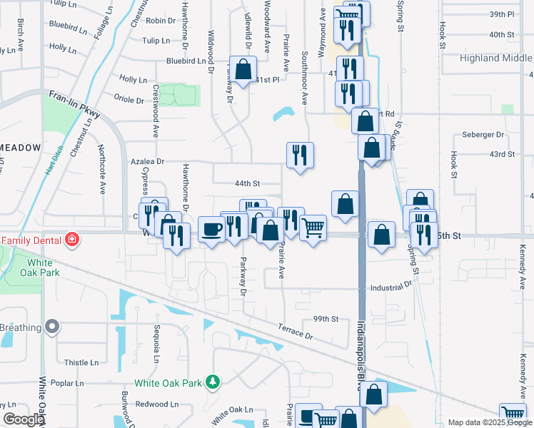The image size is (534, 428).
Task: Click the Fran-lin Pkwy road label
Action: [75, 103]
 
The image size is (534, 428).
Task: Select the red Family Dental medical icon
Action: [71, 240]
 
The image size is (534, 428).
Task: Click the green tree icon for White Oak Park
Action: [212, 383]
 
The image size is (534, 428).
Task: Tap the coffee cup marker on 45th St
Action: [211, 230]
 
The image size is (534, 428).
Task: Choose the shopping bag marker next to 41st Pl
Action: [243, 69]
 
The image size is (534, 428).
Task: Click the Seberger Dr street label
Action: [483, 134]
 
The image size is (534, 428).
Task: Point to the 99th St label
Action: [325, 319]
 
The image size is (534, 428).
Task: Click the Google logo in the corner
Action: [23, 420]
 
